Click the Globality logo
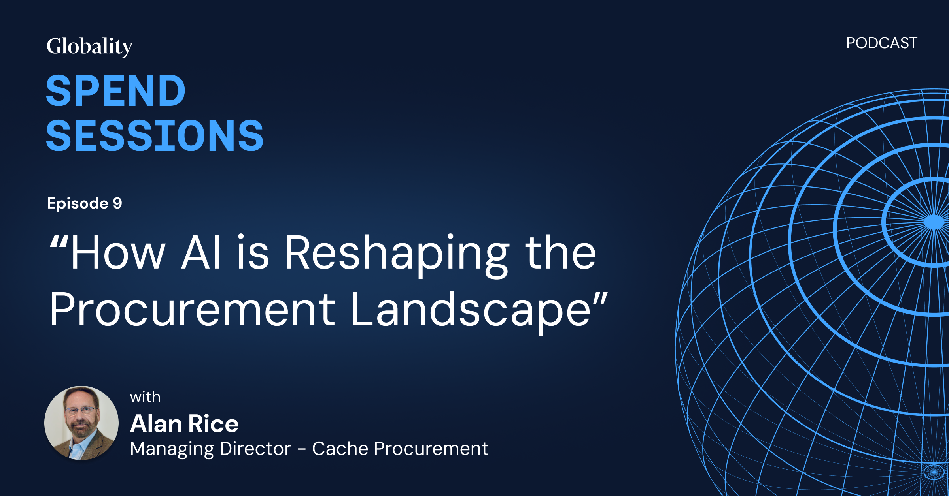coord(90,47)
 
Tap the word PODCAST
coord(881,43)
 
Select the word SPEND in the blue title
coord(115,91)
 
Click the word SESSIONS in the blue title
coord(155,136)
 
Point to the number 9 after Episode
coord(117,203)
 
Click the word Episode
coord(78,203)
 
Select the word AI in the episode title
coord(201,253)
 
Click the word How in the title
coord(118,253)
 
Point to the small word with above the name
coord(145,397)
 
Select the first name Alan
coord(156,424)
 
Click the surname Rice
coord(214,424)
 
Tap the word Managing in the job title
coord(172,449)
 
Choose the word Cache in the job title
coord(340,449)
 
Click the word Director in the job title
coord(255,449)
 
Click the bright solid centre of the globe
coord(934,222)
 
